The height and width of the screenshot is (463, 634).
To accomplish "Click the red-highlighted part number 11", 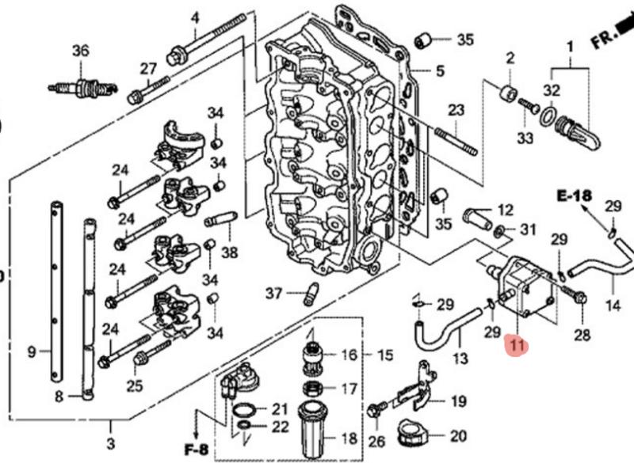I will click(517, 345).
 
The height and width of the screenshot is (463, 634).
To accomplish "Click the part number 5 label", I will click(439, 71).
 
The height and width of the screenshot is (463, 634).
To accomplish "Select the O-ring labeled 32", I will click(547, 118).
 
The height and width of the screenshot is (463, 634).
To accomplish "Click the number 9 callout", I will click(32, 351).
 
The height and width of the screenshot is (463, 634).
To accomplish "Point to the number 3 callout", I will click(110, 442).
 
